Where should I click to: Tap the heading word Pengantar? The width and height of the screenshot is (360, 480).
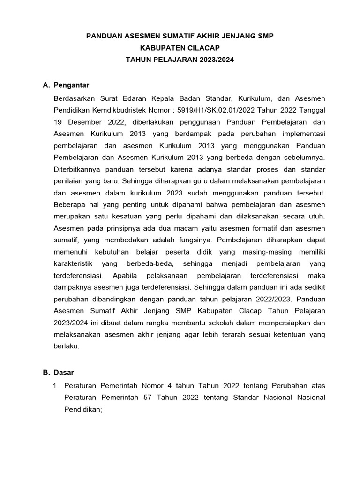coord(72,85)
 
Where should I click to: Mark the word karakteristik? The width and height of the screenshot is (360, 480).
coord(77,264)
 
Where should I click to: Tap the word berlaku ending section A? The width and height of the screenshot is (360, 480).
coord(67,347)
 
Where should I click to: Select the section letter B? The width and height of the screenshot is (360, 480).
coord(45,372)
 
